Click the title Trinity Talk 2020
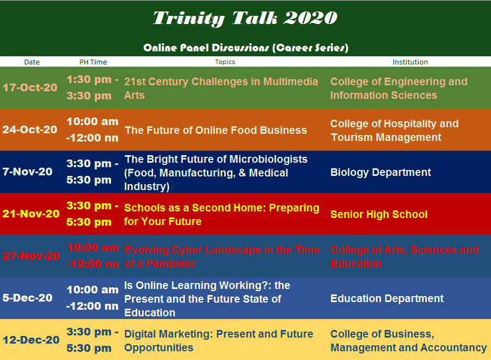[x=245, y=18]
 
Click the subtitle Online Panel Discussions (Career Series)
[x=245, y=48]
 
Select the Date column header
[x=32, y=62]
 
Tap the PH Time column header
[x=93, y=62]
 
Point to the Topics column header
[x=225, y=62]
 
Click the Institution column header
[x=410, y=62]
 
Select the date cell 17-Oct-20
[x=30, y=87]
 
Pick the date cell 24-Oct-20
[x=30, y=130]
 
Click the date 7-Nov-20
[x=27, y=172]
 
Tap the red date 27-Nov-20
[x=31, y=256]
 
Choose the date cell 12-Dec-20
[x=31, y=340]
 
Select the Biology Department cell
[x=381, y=172]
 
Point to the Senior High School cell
[x=379, y=214]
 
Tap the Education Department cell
[x=387, y=298]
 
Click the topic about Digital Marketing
[x=219, y=340]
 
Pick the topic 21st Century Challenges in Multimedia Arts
[x=221, y=88]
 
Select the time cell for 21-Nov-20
[x=92, y=214]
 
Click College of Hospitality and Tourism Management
[x=394, y=130]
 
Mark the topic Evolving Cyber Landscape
[x=222, y=256]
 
